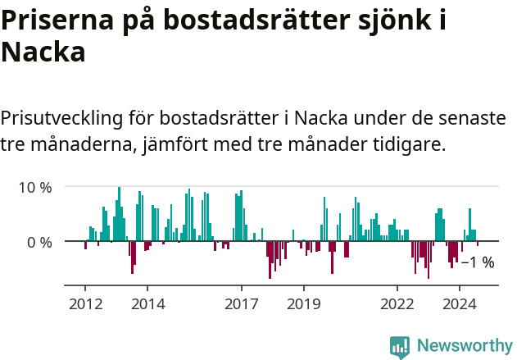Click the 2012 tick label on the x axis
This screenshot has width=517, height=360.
[x=85, y=304]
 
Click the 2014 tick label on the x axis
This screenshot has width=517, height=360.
[x=147, y=304]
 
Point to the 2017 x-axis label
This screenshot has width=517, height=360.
[x=242, y=304]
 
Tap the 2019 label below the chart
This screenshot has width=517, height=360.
[x=304, y=304]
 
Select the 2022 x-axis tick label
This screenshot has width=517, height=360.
[x=397, y=304]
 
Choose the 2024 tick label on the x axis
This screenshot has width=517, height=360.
[x=460, y=304]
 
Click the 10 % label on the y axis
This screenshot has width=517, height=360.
[x=35, y=187]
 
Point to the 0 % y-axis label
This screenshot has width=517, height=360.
[x=39, y=242]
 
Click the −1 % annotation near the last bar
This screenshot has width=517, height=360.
[x=478, y=262]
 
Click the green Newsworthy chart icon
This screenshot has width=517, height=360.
[x=400, y=347]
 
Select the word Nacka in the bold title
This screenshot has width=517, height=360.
[x=43, y=53]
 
